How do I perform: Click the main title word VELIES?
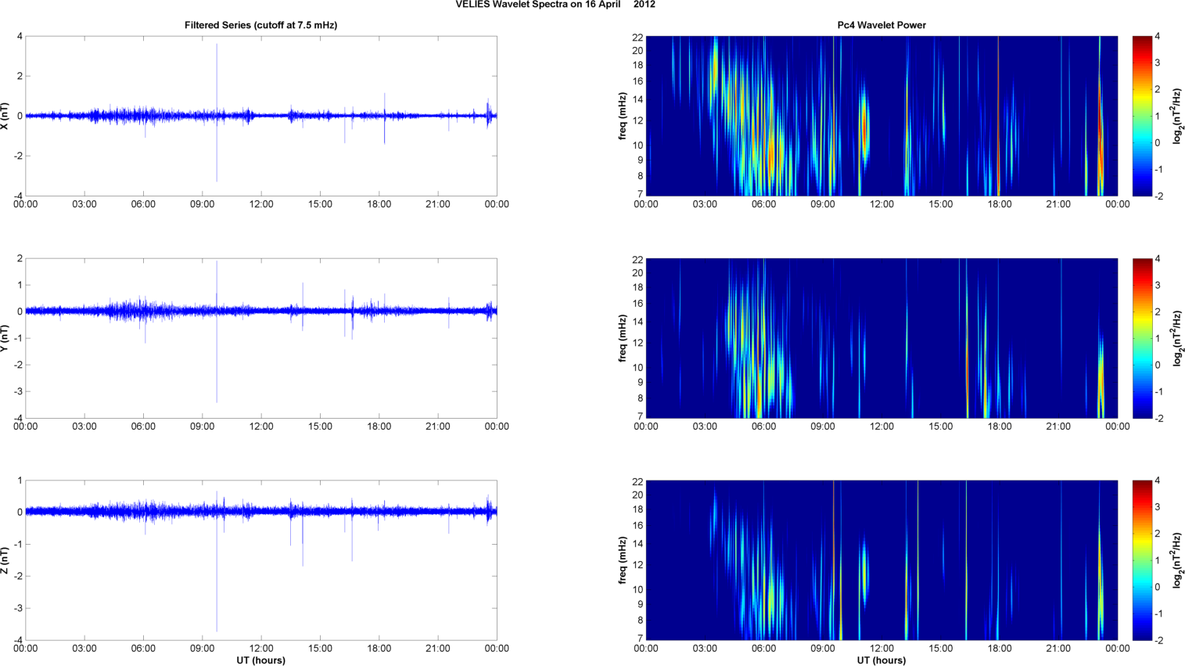pos(472,5)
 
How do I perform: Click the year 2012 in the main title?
pos(645,5)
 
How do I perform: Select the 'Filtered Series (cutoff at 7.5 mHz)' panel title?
pos(260,25)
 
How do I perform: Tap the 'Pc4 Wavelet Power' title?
pos(882,25)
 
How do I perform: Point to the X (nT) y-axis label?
pos(5,116)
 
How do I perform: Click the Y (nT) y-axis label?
pos(5,338)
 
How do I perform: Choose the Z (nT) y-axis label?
pos(5,560)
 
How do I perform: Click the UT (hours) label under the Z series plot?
pos(260,661)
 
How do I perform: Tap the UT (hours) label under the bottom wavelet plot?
pos(882,661)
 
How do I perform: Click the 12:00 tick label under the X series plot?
pos(261,204)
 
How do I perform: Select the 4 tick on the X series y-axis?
pos(20,37)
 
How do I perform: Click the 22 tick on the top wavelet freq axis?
pos(637,37)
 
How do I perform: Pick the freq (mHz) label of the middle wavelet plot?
pos(623,338)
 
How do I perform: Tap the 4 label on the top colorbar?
pos(1157,37)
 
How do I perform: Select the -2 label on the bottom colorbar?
pos(1159,640)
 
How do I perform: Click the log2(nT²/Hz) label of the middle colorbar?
pos(1178,338)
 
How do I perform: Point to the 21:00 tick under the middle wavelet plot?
pos(1058,427)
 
